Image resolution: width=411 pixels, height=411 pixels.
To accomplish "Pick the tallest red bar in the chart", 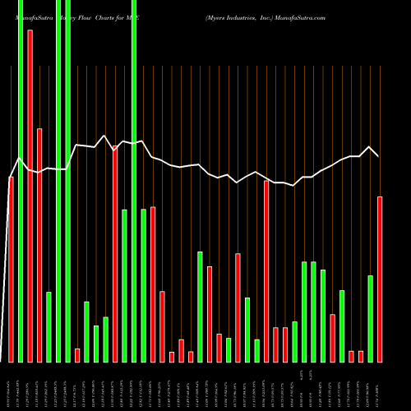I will [x=30, y=196].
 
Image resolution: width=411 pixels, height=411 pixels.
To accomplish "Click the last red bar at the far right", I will [x=380, y=279].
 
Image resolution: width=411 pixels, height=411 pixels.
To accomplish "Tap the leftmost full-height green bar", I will [x=21, y=181].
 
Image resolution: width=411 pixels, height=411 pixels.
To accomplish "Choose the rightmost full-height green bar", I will [x=134, y=181].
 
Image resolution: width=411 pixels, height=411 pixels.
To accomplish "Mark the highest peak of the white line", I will [x=104, y=136].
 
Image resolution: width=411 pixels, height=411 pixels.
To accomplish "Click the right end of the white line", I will [x=378, y=156].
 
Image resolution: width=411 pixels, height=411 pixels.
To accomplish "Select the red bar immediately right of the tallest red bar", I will [x=39, y=245].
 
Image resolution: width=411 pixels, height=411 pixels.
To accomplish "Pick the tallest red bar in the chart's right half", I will [x=266, y=271].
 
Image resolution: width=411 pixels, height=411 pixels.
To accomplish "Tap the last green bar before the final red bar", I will [x=370, y=318].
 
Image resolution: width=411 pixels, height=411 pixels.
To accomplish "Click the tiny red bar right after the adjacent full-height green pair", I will [x=77, y=355].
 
